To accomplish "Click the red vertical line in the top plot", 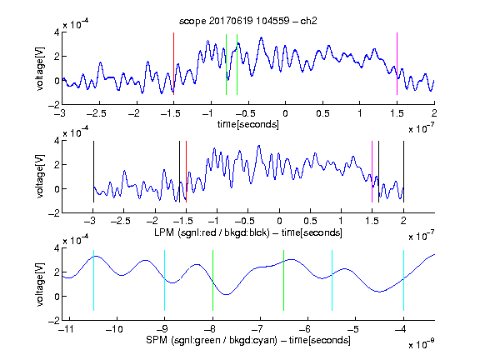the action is point(173,63).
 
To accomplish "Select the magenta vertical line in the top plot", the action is point(397,63).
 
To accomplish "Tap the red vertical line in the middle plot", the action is point(186,172).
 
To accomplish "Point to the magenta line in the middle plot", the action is point(372,172).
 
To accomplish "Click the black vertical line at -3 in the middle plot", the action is point(93,172).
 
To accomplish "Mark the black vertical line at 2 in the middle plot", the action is point(403,172).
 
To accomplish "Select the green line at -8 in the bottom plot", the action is point(212,280).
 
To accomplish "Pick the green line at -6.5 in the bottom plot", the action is point(284,280).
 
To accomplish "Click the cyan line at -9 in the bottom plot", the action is point(165,280).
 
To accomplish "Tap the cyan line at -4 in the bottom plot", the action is point(403,280).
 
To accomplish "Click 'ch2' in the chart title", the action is point(308,21).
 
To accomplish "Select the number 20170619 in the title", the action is point(231,21).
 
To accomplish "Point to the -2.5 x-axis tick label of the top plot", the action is point(97,113).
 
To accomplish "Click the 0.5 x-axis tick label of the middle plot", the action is point(310,221).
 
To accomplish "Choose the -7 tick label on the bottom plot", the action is point(259,329).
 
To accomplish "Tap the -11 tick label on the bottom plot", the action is point(67,329).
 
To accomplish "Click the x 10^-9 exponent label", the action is point(421,344).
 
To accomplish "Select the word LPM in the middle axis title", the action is point(164,232).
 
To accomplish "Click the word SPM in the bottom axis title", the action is point(157,340).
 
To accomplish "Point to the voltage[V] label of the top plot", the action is point(39,68).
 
